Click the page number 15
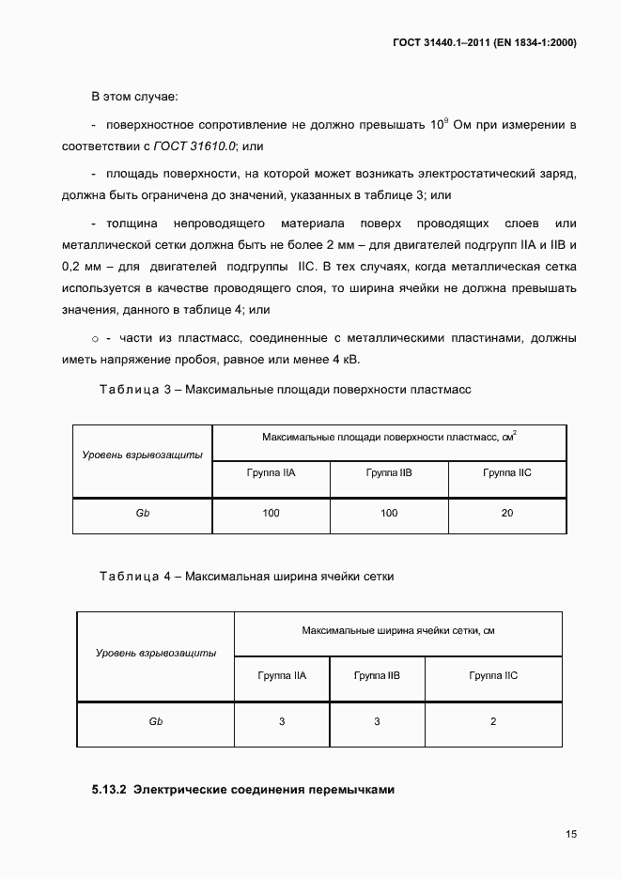[571, 833]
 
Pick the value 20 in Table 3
[507, 513]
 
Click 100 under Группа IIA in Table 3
[271, 513]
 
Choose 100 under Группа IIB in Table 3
[389, 513]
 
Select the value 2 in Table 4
[493, 721]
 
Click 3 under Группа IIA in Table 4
[282, 721]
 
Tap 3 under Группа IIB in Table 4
[377, 721]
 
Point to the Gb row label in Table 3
[143, 513]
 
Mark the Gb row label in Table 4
[156, 721]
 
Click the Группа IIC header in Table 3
[507, 472]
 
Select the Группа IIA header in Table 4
[282, 675]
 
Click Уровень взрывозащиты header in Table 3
[143, 455]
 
